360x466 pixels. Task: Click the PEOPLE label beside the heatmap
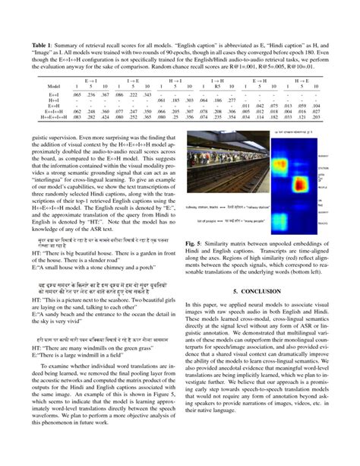tap(318, 185)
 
